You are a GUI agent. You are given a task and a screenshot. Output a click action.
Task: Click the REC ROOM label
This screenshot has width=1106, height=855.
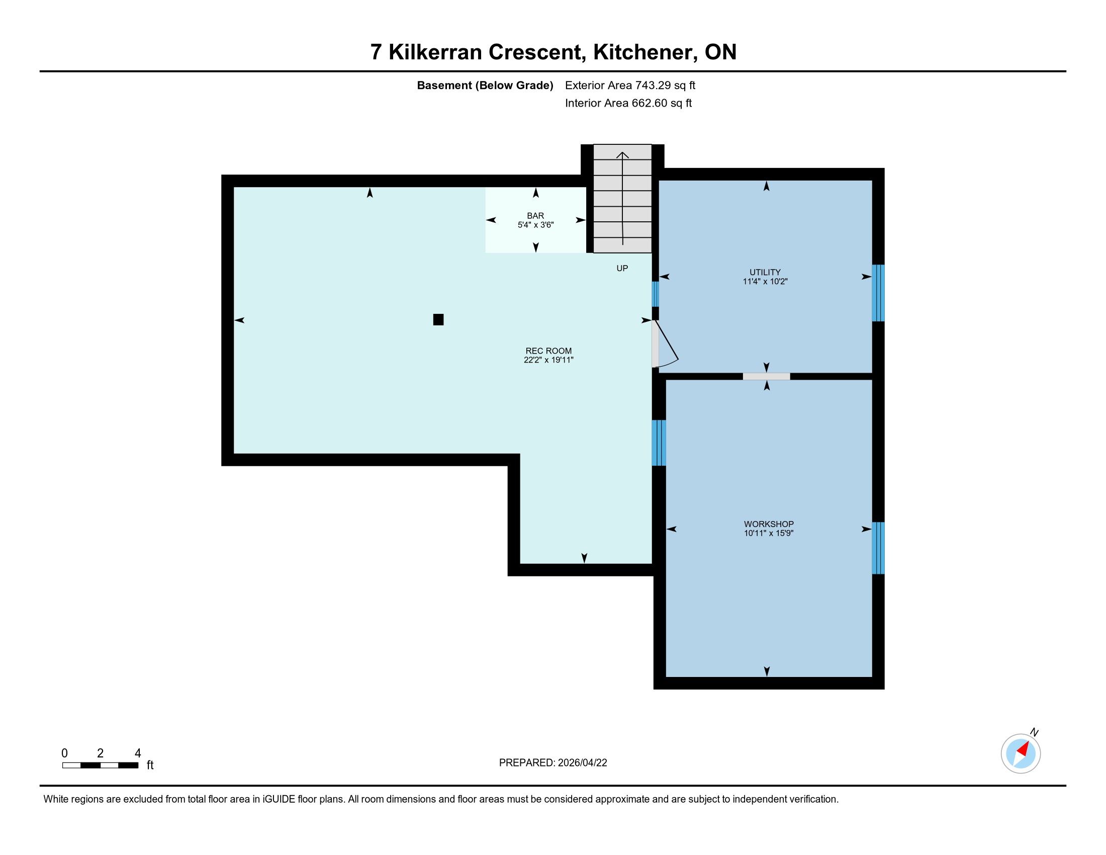pyautogui.click(x=548, y=351)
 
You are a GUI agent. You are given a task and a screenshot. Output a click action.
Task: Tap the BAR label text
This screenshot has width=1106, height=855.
pyautogui.click(x=535, y=216)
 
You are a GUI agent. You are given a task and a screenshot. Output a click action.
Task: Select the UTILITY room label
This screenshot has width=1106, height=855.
pyautogui.click(x=765, y=272)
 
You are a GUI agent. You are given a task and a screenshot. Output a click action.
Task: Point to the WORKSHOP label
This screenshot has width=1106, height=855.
pyautogui.click(x=769, y=524)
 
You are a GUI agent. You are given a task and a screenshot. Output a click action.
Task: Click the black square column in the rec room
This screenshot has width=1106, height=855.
pyautogui.click(x=438, y=319)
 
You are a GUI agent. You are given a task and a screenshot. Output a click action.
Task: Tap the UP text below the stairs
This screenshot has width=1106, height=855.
pyautogui.click(x=622, y=269)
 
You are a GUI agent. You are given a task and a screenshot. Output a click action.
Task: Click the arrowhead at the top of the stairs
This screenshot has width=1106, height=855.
pyautogui.click(x=622, y=155)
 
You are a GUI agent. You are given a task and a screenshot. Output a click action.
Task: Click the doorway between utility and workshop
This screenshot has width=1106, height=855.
pyautogui.click(x=766, y=376)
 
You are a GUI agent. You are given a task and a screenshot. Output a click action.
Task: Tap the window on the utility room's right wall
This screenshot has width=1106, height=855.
pyautogui.click(x=878, y=293)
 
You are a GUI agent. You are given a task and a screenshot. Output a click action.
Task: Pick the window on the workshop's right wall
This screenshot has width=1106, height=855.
pyautogui.click(x=878, y=548)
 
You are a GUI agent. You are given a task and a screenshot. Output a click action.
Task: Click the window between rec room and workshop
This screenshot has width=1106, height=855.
pyautogui.click(x=659, y=443)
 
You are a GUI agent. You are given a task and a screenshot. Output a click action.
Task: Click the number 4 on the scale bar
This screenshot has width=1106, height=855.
pyautogui.click(x=138, y=753)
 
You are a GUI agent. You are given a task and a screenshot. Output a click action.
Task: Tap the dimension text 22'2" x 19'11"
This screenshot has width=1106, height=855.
pyautogui.click(x=548, y=360)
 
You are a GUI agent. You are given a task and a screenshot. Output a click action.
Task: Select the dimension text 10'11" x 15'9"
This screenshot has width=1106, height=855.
pyautogui.click(x=769, y=533)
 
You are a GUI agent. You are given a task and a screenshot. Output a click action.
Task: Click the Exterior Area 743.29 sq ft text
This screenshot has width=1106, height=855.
pyautogui.click(x=630, y=85)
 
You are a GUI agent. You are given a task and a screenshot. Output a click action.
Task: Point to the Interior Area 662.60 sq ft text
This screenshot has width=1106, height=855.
pyautogui.click(x=628, y=103)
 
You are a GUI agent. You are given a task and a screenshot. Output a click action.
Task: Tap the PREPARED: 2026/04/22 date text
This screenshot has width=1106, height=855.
pyautogui.click(x=553, y=763)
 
